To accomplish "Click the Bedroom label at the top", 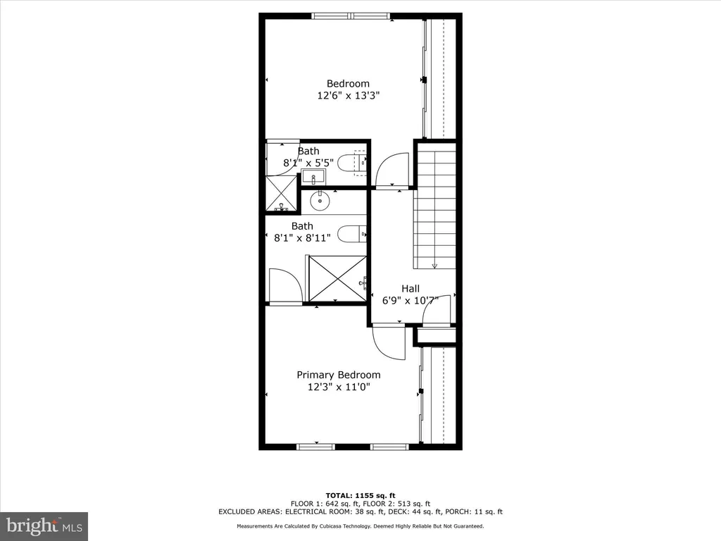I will coord(347,84).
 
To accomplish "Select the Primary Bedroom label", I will coord(338,375).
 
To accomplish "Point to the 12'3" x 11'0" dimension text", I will coord(338,387).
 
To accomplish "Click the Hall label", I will coord(410,288).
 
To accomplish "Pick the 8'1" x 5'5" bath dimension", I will coord(308,163).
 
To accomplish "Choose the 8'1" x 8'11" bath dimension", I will coord(302,238).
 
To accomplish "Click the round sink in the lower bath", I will coord(320,201).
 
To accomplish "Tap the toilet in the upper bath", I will coord(352,163).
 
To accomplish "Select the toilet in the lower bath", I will coord(352,233).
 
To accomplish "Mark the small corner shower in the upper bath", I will coord(282,192).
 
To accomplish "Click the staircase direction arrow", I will coord(434,265).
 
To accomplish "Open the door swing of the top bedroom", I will coord(391,171).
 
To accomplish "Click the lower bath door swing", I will coord(286,286).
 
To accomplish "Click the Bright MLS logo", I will coord(44,526).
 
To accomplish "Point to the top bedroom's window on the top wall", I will coord(350,15).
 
